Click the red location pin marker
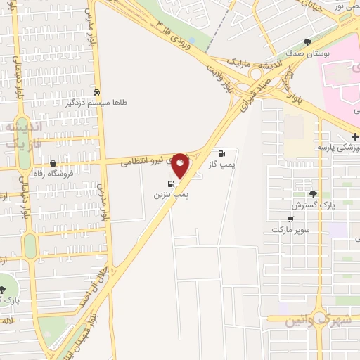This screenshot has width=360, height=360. (180, 165)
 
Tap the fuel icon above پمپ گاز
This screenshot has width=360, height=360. (222, 154)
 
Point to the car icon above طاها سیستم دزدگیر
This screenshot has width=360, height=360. (96, 92)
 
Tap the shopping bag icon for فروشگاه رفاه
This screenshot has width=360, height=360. (53, 163)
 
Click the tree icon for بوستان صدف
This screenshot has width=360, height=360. (307, 42)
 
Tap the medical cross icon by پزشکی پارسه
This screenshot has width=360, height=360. (355, 136)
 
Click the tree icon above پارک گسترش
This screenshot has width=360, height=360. (313, 194)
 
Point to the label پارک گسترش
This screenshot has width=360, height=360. (311, 205)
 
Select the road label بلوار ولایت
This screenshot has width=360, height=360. (219, 77)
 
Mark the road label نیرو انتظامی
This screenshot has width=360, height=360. (143, 161)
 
